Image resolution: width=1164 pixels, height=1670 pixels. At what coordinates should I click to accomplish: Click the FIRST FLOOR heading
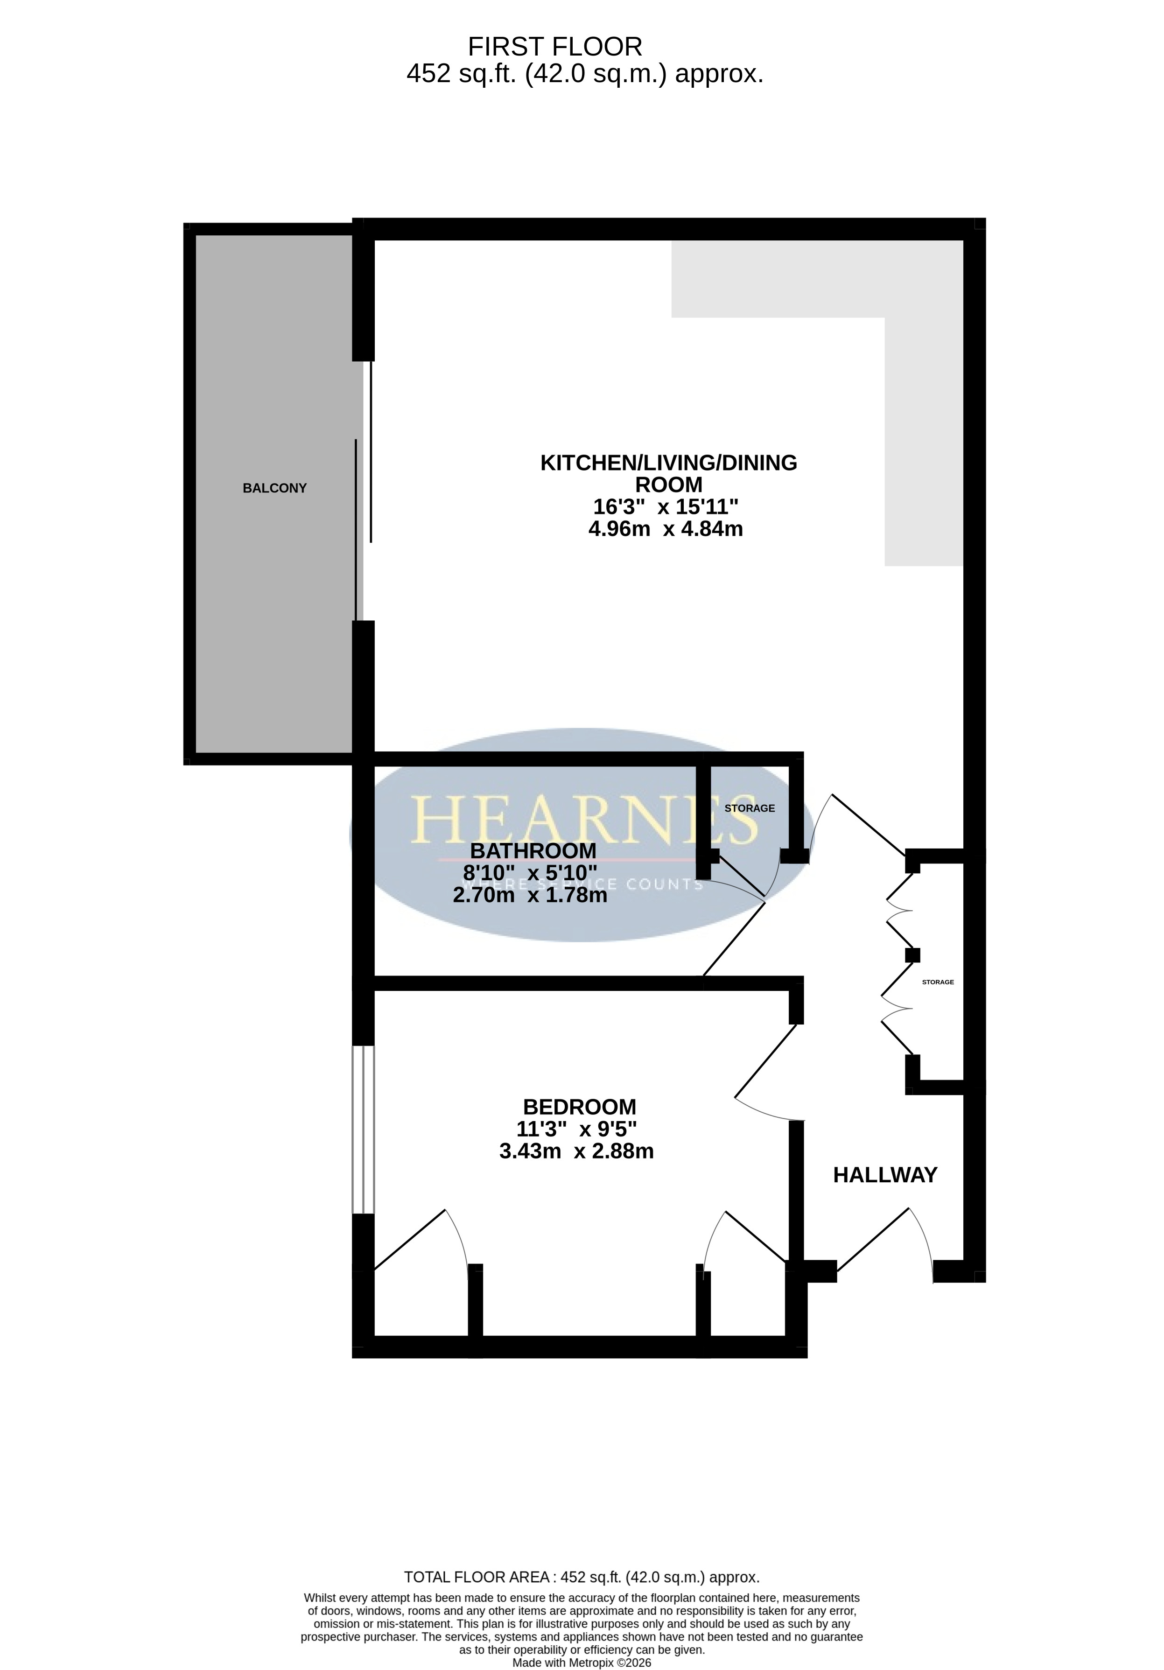[554, 47]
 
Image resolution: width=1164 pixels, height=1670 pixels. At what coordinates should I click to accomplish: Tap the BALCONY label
[274, 488]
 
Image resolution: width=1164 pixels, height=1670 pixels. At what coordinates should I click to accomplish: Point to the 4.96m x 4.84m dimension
[666, 529]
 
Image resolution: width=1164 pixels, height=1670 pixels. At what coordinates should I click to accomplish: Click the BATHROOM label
[533, 850]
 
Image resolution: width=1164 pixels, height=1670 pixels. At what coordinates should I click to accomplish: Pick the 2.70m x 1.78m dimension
[530, 895]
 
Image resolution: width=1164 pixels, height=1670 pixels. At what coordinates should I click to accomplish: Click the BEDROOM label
[580, 1107]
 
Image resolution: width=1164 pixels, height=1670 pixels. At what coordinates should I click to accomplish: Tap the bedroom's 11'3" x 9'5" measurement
[577, 1129]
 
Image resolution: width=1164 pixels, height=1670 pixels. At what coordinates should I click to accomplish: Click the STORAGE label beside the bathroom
[750, 808]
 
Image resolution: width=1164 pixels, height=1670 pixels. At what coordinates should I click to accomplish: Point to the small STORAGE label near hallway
[938, 982]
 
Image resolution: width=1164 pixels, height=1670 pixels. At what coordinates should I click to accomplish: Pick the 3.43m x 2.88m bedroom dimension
[576, 1151]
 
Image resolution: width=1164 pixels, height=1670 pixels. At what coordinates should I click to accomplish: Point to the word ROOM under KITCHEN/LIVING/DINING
[668, 484]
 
